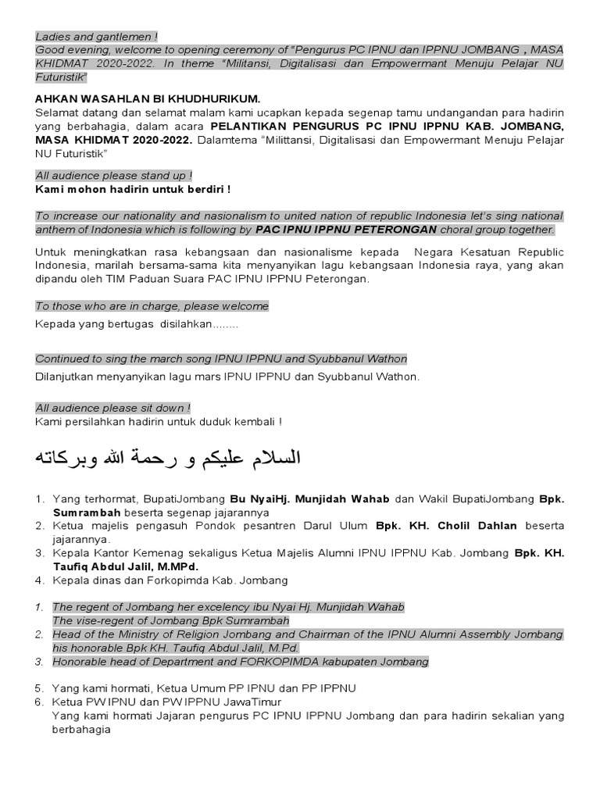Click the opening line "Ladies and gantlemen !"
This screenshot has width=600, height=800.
tap(96, 36)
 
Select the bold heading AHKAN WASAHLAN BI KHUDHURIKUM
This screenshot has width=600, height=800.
tap(148, 99)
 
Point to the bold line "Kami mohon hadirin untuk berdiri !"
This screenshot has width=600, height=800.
tap(133, 190)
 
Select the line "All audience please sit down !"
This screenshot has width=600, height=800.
tap(113, 408)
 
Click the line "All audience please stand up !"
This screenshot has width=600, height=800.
tap(114, 176)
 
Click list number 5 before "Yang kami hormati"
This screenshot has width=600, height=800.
tap(39, 688)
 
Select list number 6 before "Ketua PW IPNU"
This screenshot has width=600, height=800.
tap(39, 702)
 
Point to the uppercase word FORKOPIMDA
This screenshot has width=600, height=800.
tap(266, 662)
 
